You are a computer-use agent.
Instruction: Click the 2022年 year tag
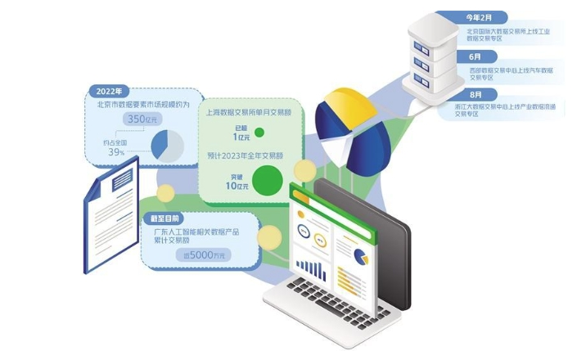(110, 90)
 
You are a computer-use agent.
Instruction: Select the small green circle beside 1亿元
(259, 132)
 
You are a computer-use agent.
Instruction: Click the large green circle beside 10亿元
(268, 179)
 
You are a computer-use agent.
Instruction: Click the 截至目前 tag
(165, 218)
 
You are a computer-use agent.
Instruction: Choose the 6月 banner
(476, 56)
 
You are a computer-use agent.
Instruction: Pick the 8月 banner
(476, 94)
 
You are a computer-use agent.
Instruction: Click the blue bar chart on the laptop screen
(310, 268)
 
